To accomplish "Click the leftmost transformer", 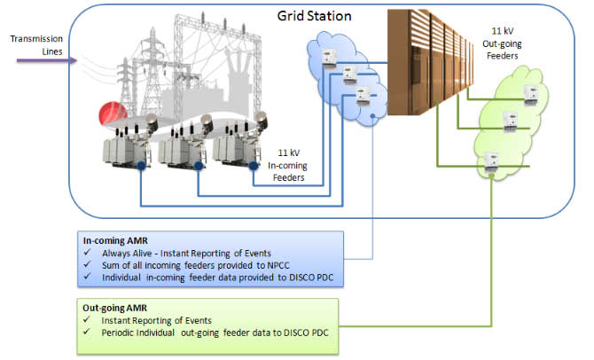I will [126, 141].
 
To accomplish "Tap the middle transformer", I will [182, 142].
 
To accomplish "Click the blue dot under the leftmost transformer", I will [142, 166].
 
